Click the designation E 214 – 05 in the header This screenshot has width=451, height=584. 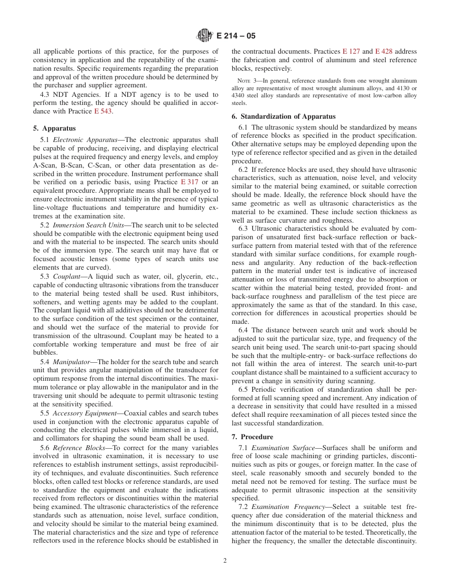click(x=235, y=36)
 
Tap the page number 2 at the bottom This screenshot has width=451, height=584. click(x=225, y=560)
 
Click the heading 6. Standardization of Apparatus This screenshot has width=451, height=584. click(x=283, y=116)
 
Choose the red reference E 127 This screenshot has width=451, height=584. click(x=351, y=51)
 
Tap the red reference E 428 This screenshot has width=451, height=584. click(x=384, y=51)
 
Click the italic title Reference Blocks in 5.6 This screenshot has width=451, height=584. click(x=77, y=448)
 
